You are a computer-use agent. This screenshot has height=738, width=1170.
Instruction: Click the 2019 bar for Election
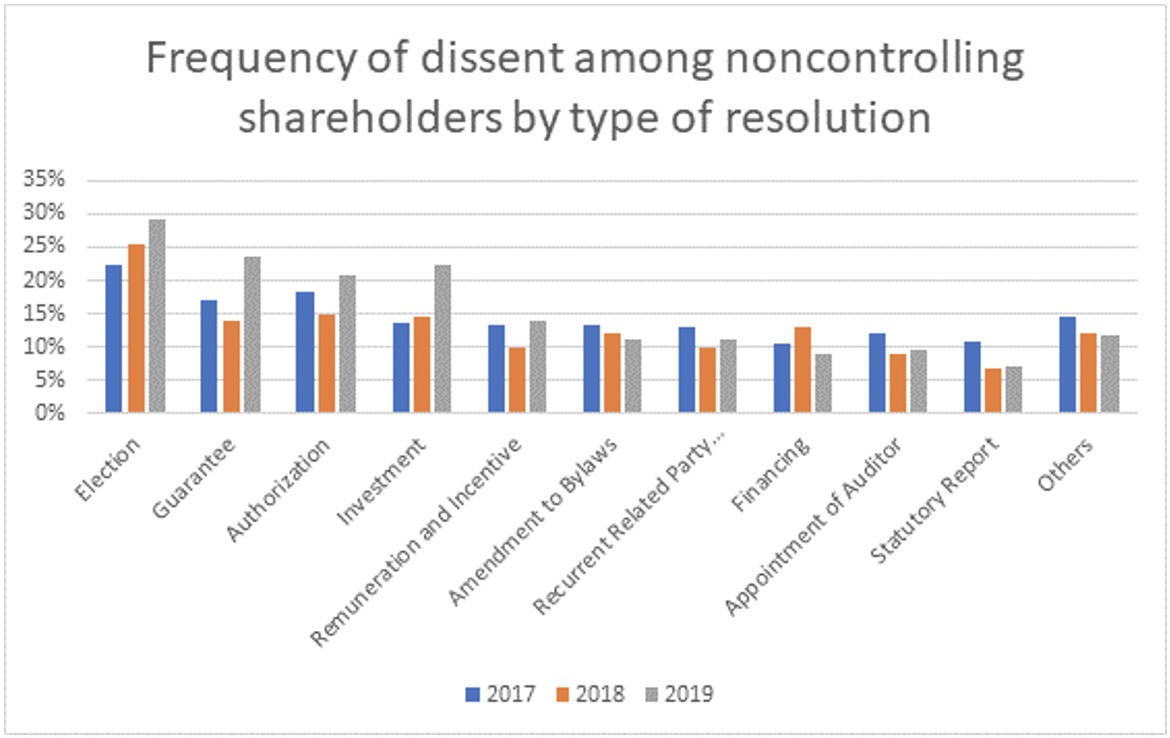click(x=157, y=316)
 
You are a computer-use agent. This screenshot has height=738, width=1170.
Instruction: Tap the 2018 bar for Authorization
click(x=326, y=364)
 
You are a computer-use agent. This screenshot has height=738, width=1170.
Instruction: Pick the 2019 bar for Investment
click(x=442, y=339)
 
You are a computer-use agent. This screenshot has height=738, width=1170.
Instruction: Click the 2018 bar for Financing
click(x=802, y=370)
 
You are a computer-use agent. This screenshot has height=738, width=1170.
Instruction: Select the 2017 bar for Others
click(x=1067, y=365)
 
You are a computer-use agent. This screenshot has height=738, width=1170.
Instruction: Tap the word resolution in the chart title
click(x=813, y=117)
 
